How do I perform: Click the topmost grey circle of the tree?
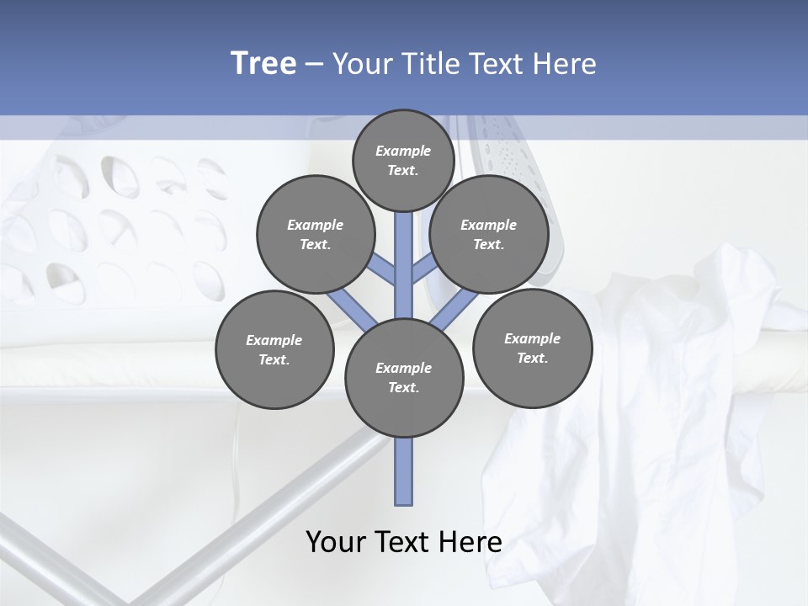(x=403, y=160)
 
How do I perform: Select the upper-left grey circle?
(x=316, y=234)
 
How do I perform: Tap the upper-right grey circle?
(x=489, y=234)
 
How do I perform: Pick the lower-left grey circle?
(x=274, y=349)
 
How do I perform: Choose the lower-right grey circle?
(x=532, y=348)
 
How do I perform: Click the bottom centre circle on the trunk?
(x=404, y=377)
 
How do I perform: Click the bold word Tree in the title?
(x=263, y=63)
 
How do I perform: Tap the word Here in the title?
(x=566, y=64)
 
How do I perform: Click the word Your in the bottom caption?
(x=337, y=541)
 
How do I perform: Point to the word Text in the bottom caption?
(x=401, y=541)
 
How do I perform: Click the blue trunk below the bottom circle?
(x=404, y=471)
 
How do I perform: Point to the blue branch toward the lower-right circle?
(x=455, y=308)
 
